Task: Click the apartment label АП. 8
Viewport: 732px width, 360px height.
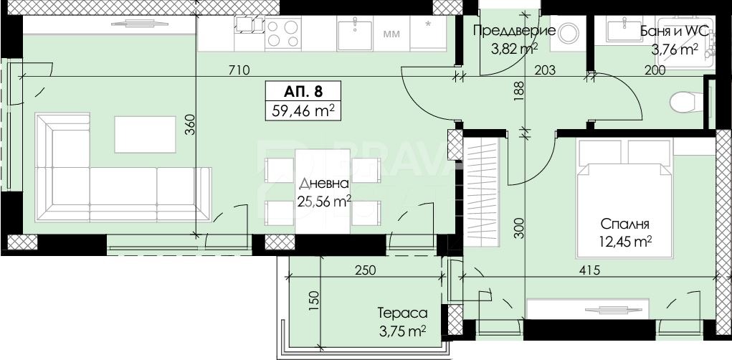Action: (x=303, y=91)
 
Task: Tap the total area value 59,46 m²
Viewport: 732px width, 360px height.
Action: (x=303, y=111)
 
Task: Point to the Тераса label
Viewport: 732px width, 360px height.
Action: (x=402, y=313)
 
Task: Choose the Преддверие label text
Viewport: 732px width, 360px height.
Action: (x=515, y=31)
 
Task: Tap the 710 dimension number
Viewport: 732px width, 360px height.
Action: (x=240, y=70)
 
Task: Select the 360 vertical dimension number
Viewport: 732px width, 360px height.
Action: (x=189, y=125)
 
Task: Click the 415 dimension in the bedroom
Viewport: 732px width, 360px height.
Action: (x=589, y=270)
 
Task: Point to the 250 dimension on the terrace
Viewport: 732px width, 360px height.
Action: (x=365, y=270)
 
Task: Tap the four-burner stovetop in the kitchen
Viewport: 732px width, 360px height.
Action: (x=283, y=33)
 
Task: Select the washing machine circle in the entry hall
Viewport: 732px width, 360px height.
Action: (x=569, y=33)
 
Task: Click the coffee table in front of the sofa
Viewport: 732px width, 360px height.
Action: (x=146, y=135)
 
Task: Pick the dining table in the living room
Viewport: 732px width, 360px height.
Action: (x=323, y=191)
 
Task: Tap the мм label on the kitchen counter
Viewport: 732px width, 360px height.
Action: (x=391, y=34)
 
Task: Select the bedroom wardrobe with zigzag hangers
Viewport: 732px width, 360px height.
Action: (x=481, y=191)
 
